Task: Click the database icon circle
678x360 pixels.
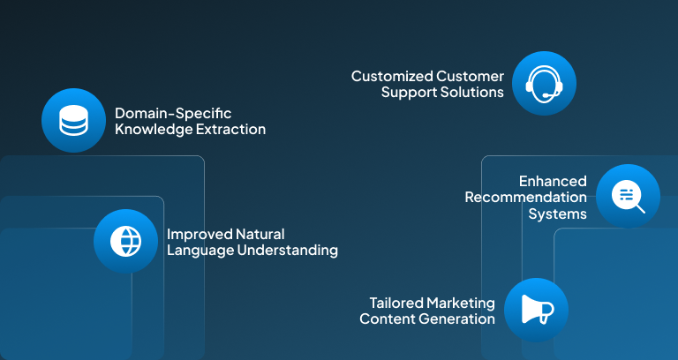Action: point(73,121)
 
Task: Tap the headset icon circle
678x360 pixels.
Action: point(544,84)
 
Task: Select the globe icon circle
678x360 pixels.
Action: point(125,241)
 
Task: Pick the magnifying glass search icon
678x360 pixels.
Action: point(629,196)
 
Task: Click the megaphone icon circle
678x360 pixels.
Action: point(536,310)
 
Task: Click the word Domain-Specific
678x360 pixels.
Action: point(173,113)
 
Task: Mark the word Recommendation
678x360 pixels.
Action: point(526,197)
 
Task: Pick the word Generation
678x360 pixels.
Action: point(457,319)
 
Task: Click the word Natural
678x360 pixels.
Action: point(260,234)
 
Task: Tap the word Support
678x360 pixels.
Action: point(410,92)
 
